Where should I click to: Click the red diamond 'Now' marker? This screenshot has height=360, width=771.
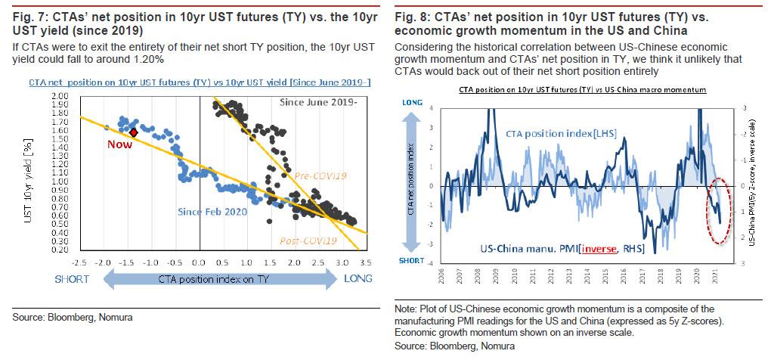[x=134, y=132]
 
